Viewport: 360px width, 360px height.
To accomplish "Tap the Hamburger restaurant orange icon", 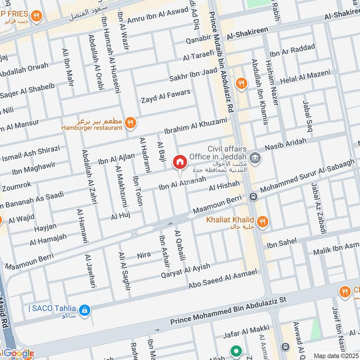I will tap(130, 122).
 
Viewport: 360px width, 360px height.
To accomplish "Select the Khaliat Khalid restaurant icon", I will tap(263, 220).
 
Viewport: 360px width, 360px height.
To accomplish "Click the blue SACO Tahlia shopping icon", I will tap(84, 310).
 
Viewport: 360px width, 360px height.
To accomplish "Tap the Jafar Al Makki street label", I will tap(247, 332).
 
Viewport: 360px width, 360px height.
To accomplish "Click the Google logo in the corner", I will tap(18, 353).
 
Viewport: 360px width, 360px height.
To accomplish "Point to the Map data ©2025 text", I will tap(335, 355).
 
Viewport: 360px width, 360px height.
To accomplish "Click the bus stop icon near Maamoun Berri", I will tap(253, 197).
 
